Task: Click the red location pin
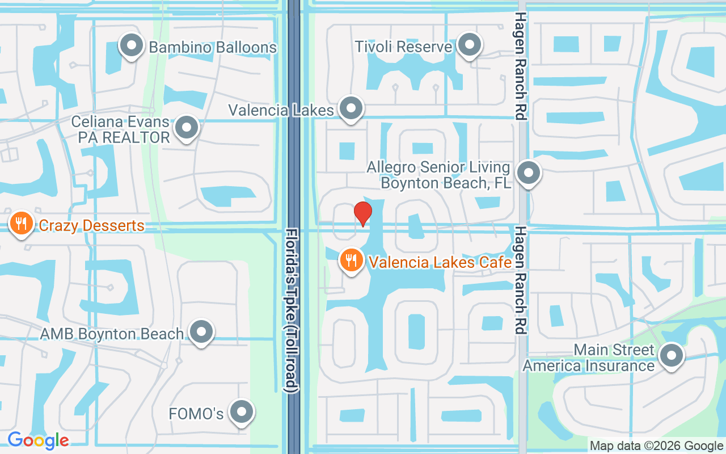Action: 363,213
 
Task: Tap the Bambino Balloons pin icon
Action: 132,46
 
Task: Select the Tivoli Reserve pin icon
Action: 470,46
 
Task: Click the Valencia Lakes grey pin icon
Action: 351,108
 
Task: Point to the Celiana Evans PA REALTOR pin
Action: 187,128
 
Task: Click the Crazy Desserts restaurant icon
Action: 21,224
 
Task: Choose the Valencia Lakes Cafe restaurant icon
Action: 352,261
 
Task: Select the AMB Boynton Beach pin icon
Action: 201,333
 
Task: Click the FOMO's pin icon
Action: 242,413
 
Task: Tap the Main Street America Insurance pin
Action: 672,356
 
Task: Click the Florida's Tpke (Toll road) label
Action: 292,310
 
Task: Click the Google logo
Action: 38,440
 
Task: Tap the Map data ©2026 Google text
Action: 656,446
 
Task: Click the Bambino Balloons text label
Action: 213,47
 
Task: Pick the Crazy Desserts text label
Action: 91,226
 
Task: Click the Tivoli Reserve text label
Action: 403,47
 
